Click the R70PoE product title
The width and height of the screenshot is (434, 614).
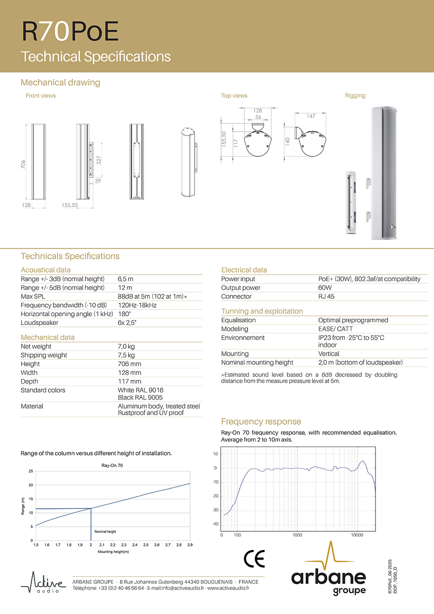click(x=70, y=32)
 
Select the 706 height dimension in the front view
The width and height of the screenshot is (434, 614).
click(x=23, y=164)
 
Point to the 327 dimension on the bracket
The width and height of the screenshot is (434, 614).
click(x=99, y=160)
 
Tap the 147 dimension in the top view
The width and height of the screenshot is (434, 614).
click(x=311, y=116)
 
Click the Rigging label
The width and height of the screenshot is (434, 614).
click(x=355, y=96)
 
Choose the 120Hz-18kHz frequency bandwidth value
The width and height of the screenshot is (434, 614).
click(x=137, y=305)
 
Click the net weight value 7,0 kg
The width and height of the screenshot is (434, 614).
click(x=126, y=347)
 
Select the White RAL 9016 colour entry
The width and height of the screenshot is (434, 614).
click(x=140, y=390)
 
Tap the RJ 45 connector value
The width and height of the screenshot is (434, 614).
click(x=326, y=296)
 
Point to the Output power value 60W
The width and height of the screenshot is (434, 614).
click(x=325, y=288)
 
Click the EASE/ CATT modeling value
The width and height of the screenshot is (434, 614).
click(x=335, y=329)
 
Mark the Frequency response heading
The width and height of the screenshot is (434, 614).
click(x=261, y=422)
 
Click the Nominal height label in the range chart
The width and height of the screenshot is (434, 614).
click(x=105, y=532)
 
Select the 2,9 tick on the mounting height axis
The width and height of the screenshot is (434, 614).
click(x=190, y=545)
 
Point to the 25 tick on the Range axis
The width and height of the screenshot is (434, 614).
click(x=31, y=471)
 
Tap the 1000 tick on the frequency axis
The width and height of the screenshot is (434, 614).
click(x=297, y=535)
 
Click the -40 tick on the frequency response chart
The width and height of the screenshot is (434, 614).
click(x=216, y=524)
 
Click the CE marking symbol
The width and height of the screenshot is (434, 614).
click(x=254, y=559)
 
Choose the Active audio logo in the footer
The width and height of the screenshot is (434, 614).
click(x=43, y=583)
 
